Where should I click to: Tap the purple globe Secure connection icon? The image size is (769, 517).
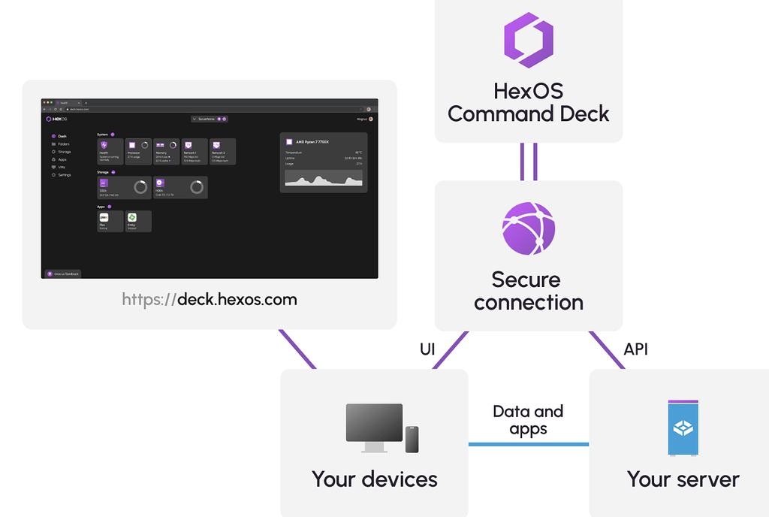click(528, 228)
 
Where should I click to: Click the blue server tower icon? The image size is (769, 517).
click(683, 428)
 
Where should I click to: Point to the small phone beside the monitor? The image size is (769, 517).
click(412, 440)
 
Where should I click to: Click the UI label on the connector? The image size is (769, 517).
click(427, 349)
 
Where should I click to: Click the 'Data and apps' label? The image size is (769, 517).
click(528, 420)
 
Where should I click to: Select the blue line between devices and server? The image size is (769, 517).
click(528, 444)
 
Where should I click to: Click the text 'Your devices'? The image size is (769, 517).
click(374, 479)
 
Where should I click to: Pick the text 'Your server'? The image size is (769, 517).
click(683, 479)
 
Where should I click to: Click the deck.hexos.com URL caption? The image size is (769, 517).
click(210, 299)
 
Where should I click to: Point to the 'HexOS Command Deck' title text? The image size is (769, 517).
click(528, 103)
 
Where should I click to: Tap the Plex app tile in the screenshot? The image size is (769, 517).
click(110, 221)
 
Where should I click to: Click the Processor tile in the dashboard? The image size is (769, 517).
click(138, 150)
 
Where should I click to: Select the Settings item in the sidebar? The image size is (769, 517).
click(63, 174)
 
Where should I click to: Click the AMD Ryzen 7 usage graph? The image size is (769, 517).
click(323, 179)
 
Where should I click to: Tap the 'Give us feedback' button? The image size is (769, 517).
click(62, 274)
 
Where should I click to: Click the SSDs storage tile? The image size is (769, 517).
click(124, 187)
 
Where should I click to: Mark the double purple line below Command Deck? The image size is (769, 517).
click(528, 162)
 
